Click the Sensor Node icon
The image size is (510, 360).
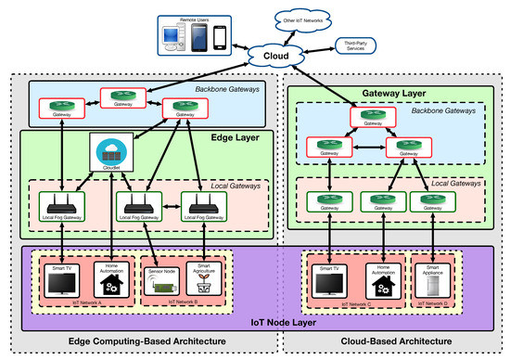(161, 283)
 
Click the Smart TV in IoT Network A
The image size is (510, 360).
(61, 283)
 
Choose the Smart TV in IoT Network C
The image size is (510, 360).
(330, 283)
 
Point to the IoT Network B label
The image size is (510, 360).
(182, 302)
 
